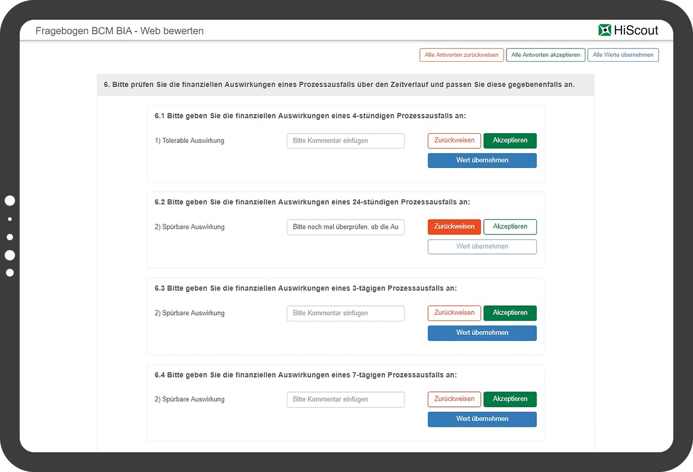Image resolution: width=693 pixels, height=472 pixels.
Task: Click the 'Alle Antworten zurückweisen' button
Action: click(461, 55)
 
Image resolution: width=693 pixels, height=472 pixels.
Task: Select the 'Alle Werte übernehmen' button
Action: click(623, 55)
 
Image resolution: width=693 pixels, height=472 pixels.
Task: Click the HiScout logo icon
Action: click(604, 30)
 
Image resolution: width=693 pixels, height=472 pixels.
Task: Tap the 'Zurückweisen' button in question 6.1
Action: click(454, 141)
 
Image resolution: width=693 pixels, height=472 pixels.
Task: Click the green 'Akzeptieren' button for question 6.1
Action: click(510, 141)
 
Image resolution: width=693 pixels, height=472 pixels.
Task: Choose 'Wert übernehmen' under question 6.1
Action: click(482, 160)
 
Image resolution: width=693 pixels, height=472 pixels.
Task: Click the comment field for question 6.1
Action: click(346, 141)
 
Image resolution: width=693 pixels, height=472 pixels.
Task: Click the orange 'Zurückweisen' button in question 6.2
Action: click(454, 227)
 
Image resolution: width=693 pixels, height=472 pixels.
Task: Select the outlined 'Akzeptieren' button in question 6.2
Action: click(510, 227)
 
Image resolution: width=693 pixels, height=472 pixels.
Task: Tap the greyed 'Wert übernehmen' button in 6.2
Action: click(482, 246)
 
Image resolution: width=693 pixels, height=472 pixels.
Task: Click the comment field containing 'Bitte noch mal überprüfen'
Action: click(346, 227)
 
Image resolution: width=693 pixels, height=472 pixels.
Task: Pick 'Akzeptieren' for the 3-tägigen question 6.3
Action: click(510, 313)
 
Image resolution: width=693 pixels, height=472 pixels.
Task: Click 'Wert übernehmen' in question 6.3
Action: click(482, 332)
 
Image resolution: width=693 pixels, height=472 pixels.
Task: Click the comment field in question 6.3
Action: click(346, 313)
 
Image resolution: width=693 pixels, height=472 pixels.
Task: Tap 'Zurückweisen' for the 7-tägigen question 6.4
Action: click(454, 399)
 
